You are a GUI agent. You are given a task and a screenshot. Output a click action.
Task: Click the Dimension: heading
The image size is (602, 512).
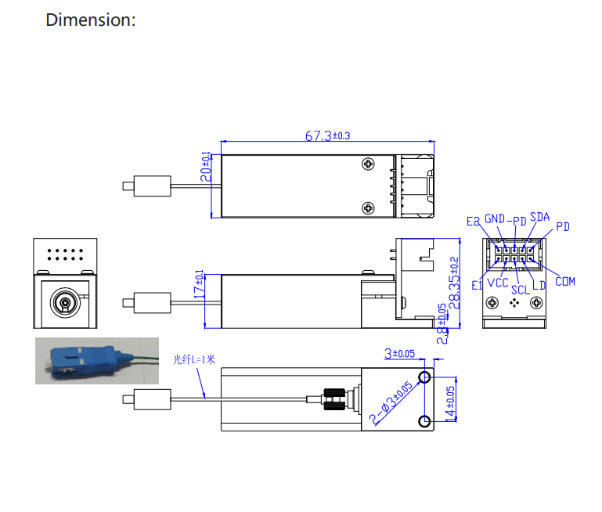pyautogui.click(x=91, y=20)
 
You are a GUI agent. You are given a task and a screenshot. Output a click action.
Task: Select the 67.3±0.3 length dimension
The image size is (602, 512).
pyautogui.click(x=326, y=135)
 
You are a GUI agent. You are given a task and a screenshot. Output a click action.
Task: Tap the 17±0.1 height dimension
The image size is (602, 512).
pyautogui.click(x=199, y=286)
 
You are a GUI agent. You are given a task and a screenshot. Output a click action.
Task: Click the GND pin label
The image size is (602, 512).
pyautogui.click(x=495, y=218)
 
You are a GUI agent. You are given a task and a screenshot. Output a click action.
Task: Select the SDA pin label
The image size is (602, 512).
pyautogui.click(x=539, y=217)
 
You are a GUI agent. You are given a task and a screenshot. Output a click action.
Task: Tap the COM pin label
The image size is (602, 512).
pyautogui.click(x=565, y=281)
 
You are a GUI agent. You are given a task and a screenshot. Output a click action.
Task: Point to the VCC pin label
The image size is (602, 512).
pyautogui.click(x=498, y=283)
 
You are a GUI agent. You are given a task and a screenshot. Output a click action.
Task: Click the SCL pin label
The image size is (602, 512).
pyautogui.click(x=521, y=289)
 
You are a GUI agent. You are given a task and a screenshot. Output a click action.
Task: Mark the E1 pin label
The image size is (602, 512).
pyautogui.click(x=477, y=286)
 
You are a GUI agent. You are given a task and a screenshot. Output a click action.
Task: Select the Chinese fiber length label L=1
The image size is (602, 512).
pyautogui.click(x=193, y=359)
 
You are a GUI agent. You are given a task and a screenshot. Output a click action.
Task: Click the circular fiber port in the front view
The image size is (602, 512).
pyautogui.click(x=64, y=301)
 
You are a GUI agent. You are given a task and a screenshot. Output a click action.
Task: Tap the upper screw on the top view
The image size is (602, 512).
pyautogui.click(x=368, y=164)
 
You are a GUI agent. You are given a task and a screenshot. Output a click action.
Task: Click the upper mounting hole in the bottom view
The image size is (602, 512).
pyautogui.click(x=424, y=378)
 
